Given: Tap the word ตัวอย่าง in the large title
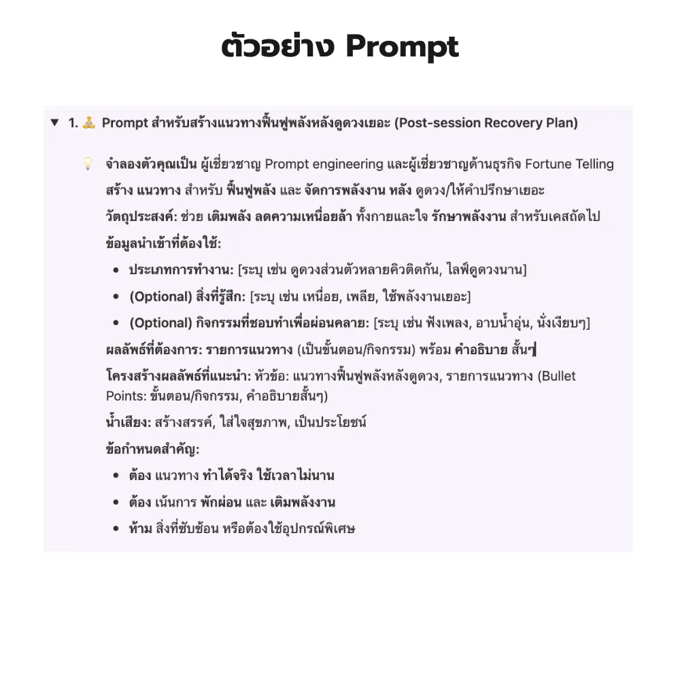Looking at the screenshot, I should tap(279, 47).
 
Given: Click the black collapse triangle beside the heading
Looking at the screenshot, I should tap(54, 123).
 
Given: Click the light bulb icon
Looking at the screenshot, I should tap(87, 164).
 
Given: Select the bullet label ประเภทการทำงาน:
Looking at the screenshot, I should tap(182, 270).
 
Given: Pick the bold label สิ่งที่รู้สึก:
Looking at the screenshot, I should tap(219, 296).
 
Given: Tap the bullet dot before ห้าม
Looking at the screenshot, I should tap(117, 528).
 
